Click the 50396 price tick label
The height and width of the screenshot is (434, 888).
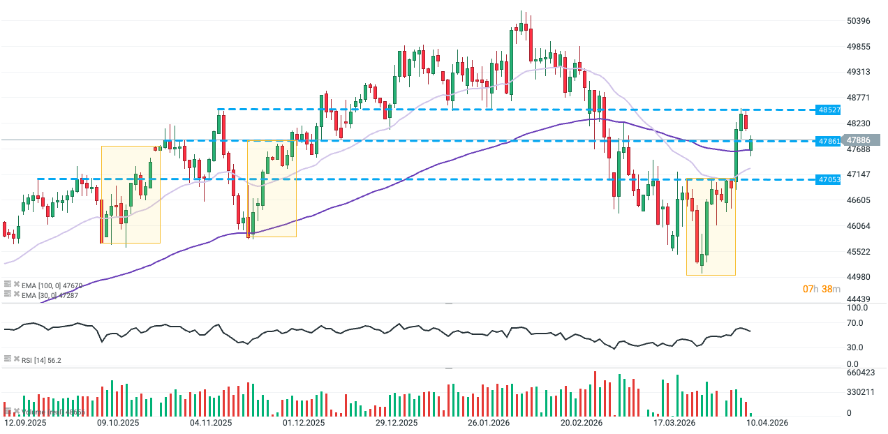coord(858,21)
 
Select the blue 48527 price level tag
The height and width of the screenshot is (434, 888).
coord(829,110)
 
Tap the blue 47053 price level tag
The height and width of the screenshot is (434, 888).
coord(829,179)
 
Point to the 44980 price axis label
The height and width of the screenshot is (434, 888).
coord(858,277)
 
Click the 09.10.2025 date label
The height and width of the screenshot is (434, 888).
coord(118,423)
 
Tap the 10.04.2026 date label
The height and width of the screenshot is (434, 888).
coord(767,423)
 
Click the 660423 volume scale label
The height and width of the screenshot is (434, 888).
coord(861,373)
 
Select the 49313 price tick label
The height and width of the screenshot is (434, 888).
coord(858,72)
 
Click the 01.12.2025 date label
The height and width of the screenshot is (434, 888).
coord(304,423)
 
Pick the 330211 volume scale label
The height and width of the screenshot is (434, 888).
coord(861,392)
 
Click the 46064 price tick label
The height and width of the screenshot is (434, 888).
coord(858,226)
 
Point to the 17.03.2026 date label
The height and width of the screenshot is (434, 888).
coord(674,423)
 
